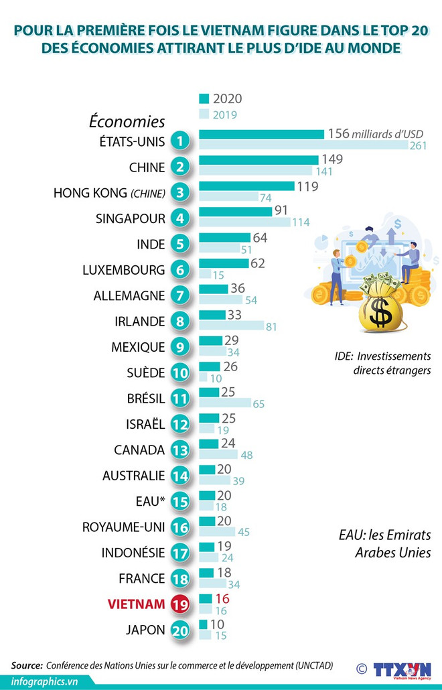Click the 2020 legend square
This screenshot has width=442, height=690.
tap(204, 98)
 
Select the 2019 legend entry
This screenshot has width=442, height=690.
tap(220, 114)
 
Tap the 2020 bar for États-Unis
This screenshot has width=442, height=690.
tap(261, 134)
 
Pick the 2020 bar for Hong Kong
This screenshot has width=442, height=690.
tap(246, 186)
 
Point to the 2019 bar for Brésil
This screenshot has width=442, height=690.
tap(224, 404)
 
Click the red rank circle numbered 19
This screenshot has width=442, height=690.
tap(180, 604)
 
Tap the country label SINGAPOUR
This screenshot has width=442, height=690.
tap(131, 218)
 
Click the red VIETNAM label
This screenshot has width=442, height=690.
tap(136, 604)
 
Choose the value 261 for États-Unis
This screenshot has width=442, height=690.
tap(419, 146)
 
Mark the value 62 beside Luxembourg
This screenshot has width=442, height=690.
tap(258, 263)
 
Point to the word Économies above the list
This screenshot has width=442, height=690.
tap(127, 122)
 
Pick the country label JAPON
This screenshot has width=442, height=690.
tap(145, 630)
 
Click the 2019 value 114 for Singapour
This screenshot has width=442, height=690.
tap(301, 223)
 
